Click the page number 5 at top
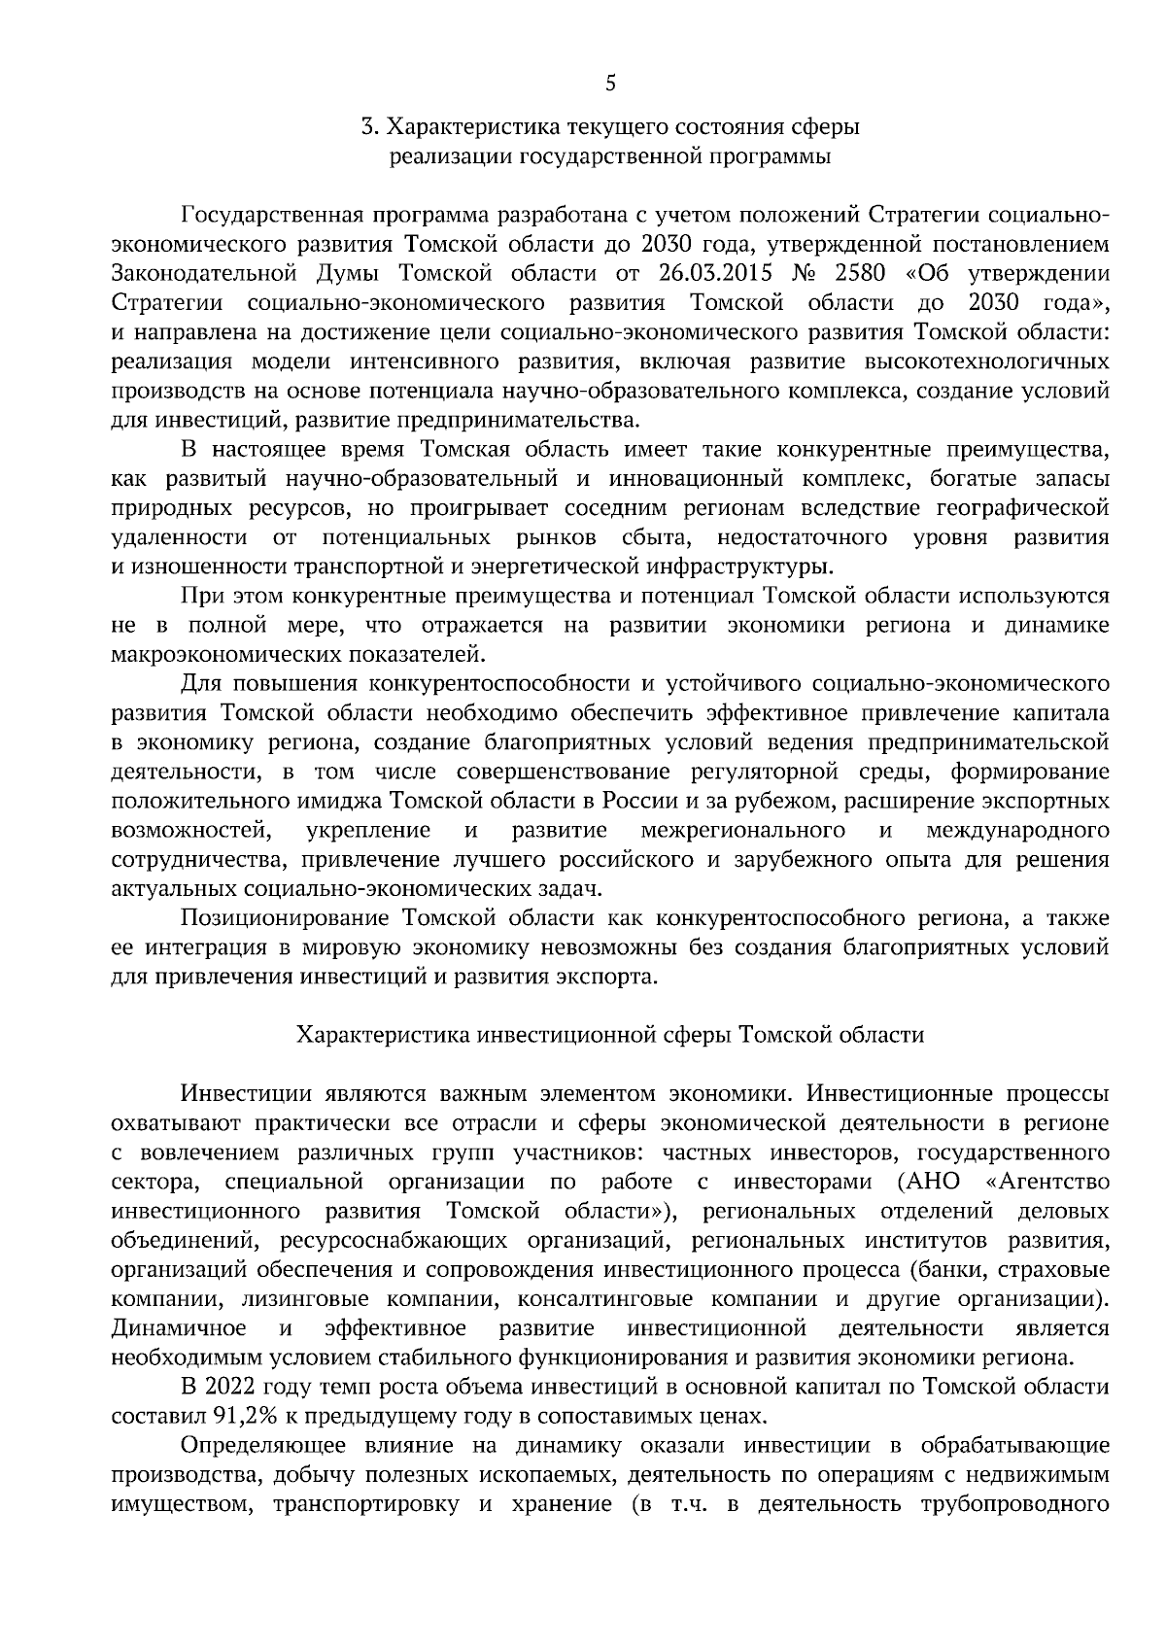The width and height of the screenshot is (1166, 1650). [610, 84]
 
